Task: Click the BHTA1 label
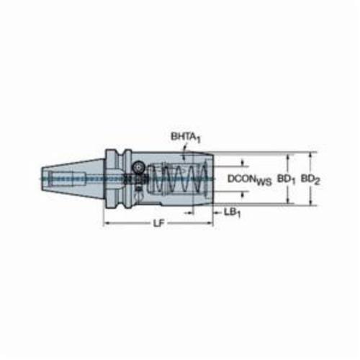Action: tap(185, 138)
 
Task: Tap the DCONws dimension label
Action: tap(250, 180)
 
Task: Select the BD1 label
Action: tap(287, 179)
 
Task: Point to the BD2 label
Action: tap(310, 179)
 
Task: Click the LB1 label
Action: tap(232, 212)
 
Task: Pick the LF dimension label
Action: tap(158, 223)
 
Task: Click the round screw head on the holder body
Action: tap(138, 167)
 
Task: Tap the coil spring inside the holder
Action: tap(180, 179)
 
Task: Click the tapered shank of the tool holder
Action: tap(73, 179)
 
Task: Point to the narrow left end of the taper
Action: tap(42, 179)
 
